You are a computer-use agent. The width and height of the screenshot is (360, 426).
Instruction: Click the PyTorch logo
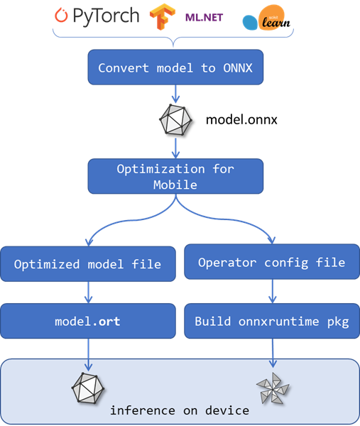[x=97, y=16]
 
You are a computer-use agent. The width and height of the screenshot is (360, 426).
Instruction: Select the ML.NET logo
[x=204, y=16]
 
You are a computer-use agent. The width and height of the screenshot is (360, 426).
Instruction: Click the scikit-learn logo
[x=265, y=18]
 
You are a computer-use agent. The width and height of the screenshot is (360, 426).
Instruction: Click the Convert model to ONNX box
[x=175, y=68]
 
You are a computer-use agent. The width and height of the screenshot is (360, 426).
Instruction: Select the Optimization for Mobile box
[x=175, y=176]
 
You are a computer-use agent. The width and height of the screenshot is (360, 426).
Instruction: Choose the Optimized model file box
[x=87, y=264]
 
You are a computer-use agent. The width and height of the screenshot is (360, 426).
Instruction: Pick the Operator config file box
[x=271, y=263]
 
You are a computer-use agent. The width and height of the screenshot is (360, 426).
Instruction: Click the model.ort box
[x=87, y=321]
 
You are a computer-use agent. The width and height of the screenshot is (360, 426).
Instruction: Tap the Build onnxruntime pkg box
[x=271, y=321]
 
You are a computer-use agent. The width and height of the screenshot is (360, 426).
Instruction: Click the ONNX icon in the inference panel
[x=89, y=388]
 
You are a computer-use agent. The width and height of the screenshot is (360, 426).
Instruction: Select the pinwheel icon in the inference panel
[x=273, y=389]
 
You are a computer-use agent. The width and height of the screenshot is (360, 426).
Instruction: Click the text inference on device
[x=179, y=410]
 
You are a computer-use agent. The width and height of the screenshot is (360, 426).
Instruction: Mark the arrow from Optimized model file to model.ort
[x=88, y=292]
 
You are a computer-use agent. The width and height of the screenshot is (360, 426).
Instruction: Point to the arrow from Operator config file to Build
[x=272, y=291]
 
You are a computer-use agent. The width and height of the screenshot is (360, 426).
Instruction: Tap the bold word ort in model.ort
[x=109, y=322]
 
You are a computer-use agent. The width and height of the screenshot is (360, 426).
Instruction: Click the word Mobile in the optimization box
[x=175, y=185]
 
